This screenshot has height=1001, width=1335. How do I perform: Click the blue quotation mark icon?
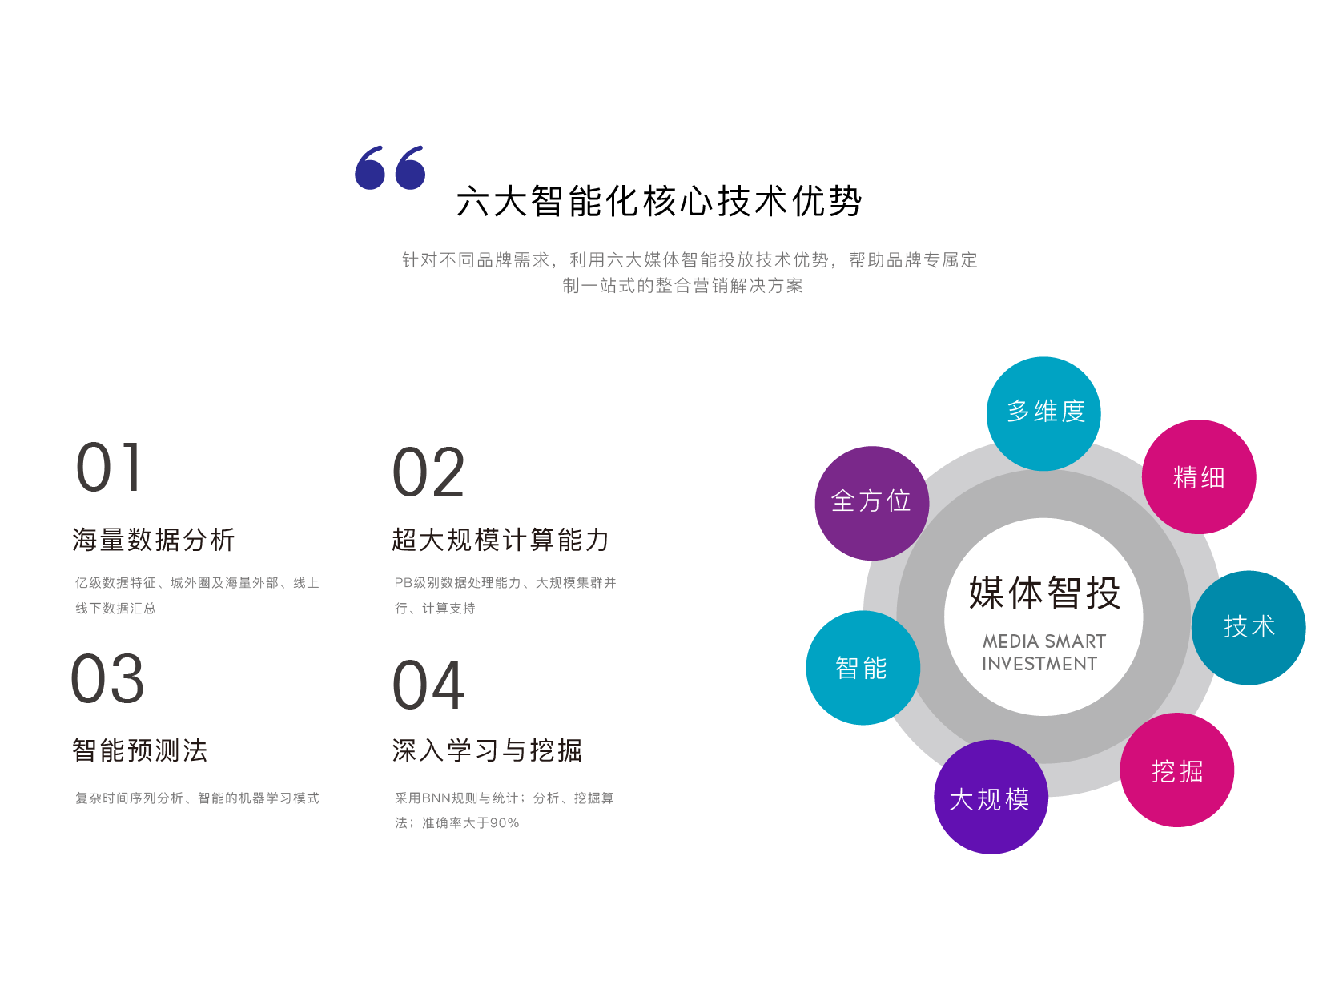tap(390, 168)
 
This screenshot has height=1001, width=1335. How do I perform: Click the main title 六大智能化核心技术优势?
tap(658, 201)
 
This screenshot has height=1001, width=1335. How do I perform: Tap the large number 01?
tap(109, 468)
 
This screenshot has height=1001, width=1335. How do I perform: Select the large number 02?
tap(428, 472)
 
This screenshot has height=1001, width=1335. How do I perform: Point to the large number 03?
tap(108, 679)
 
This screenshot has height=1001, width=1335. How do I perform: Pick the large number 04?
tap(428, 685)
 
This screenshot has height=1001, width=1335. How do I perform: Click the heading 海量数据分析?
tap(154, 540)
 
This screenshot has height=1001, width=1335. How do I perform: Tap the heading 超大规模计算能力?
tap(501, 540)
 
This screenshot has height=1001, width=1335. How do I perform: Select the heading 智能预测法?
tap(140, 750)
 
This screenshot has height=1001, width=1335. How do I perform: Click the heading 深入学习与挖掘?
tap(487, 750)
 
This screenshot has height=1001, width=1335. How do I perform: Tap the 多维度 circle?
tap(1044, 413)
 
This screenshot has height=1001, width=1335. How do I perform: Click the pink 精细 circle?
tap(1198, 477)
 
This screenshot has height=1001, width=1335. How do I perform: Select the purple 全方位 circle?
tap(871, 502)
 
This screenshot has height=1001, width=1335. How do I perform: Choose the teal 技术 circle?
tap(1249, 627)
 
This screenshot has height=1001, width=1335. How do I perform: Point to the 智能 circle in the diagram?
tap(863, 668)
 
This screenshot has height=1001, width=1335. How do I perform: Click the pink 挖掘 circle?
tap(1176, 770)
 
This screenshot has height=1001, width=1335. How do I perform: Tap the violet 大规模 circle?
tap(991, 798)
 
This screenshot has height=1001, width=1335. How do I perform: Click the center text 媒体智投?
tap(1044, 593)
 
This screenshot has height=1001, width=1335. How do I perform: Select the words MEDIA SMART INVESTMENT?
tap(1043, 653)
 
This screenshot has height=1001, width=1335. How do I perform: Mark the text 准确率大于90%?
tap(471, 823)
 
